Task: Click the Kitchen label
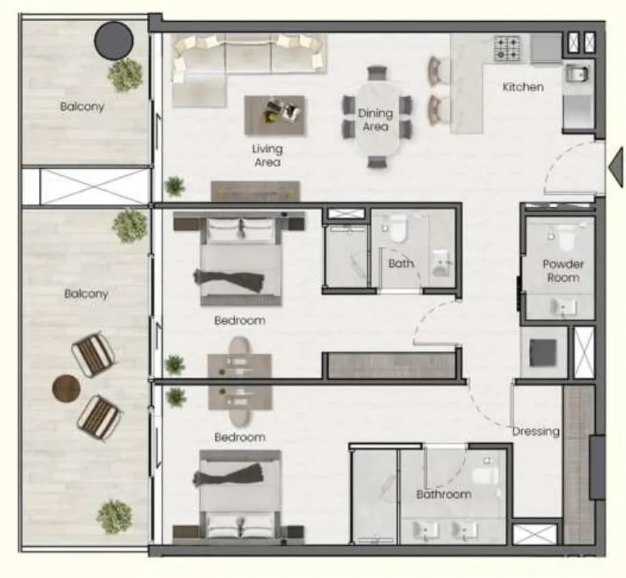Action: click(523, 87)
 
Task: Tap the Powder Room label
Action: click(563, 271)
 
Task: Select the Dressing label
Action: click(536, 432)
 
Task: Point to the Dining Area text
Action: click(376, 120)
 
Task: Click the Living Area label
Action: click(267, 156)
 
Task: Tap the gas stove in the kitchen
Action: click(507, 49)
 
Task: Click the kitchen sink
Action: click(577, 74)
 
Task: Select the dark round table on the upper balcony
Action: click(114, 41)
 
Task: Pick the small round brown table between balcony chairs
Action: click(66, 389)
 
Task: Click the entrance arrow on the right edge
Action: click(616, 167)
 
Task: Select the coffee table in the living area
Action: click(276, 116)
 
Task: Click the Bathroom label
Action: click(443, 495)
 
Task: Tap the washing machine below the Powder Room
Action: click(543, 352)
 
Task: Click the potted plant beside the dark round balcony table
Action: click(125, 75)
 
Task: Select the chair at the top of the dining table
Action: click(377, 73)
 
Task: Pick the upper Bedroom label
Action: click(239, 321)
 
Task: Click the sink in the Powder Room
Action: click(564, 307)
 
